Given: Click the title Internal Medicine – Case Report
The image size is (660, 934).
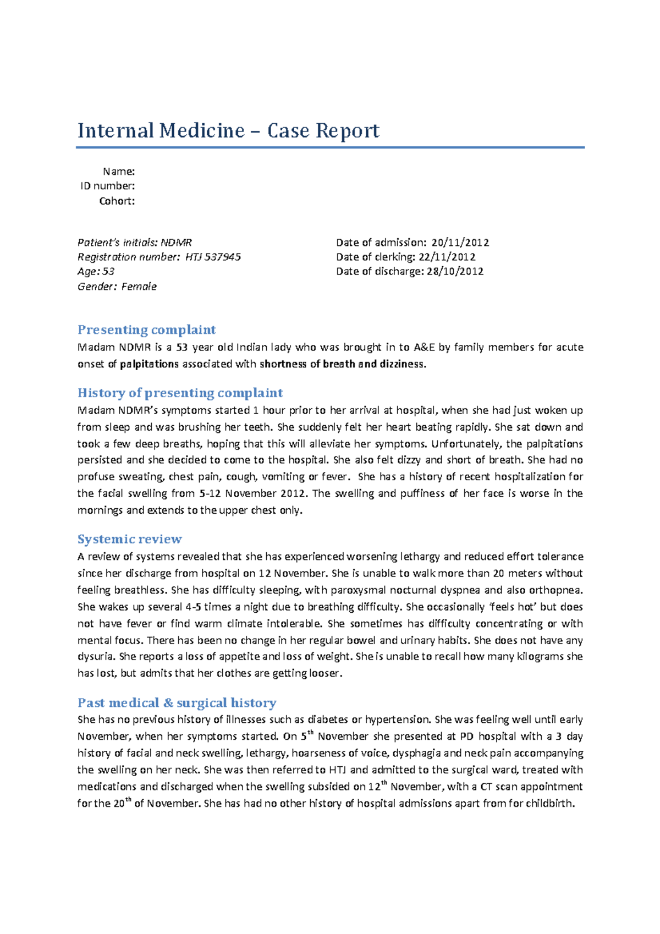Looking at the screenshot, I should pyautogui.click(x=228, y=131).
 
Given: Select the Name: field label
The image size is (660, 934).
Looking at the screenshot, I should pyautogui.click(x=119, y=172).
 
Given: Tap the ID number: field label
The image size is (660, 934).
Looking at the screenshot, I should pyautogui.click(x=108, y=186).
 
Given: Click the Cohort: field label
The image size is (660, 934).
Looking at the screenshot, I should pyautogui.click(x=117, y=201).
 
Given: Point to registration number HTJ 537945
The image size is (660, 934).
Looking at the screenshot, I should pyautogui.click(x=213, y=257).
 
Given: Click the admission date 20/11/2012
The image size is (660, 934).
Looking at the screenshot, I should pyautogui.click(x=460, y=243).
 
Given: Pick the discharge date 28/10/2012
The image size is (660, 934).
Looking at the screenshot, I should pyautogui.click(x=455, y=271).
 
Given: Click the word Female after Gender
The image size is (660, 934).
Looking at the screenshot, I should pyautogui.click(x=139, y=287).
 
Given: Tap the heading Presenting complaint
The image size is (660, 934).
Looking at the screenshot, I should pyautogui.click(x=146, y=329).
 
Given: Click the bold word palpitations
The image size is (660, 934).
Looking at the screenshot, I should pyautogui.click(x=150, y=364).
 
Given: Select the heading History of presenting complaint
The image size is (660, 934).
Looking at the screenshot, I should pyautogui.click(x=180, y=393).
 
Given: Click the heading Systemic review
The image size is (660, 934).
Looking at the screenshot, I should pyautogui.click(x=129, y=539).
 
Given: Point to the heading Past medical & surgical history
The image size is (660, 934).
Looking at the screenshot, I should pyautogui.click(x=177, y=702).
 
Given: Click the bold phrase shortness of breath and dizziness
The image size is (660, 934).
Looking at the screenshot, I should pyautogui.click(x=342, y=364).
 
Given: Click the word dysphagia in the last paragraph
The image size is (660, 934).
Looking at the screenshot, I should pyautogui.click(x=416, y=753).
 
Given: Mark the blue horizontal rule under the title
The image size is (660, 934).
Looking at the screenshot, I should pyautogui.click(x=330, y=147).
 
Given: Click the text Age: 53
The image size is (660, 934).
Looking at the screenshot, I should pyautogui.click(x=96, y=271).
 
